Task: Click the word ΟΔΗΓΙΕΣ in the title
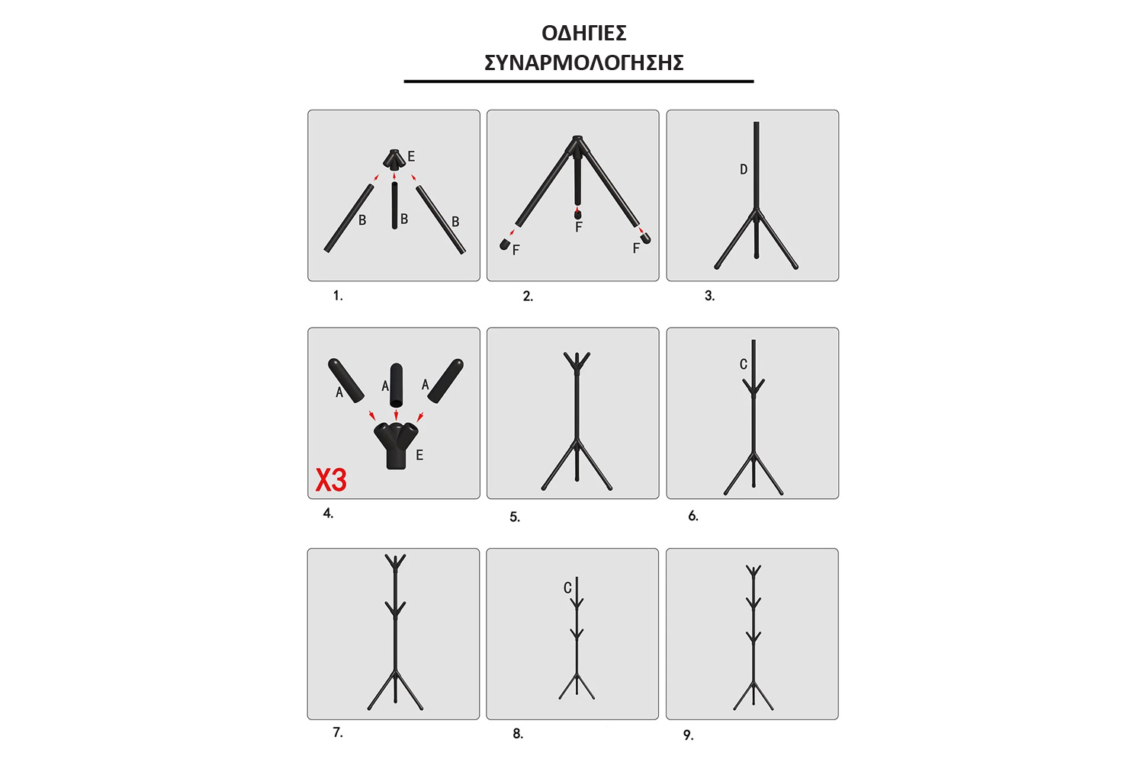583,34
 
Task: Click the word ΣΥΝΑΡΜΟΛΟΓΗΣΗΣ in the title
583,62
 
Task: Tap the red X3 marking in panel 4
331,480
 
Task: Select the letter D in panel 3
744,169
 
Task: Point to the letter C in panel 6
744,364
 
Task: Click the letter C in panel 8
567,588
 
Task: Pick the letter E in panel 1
411,157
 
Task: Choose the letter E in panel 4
419,455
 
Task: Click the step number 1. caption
338,296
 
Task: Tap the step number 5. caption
515,517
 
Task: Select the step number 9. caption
689,735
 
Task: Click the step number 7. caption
338,732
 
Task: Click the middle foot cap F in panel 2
577,214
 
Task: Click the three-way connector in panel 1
394,160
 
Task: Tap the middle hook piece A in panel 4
397,386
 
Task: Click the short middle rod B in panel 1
395,205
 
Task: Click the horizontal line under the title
579,81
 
